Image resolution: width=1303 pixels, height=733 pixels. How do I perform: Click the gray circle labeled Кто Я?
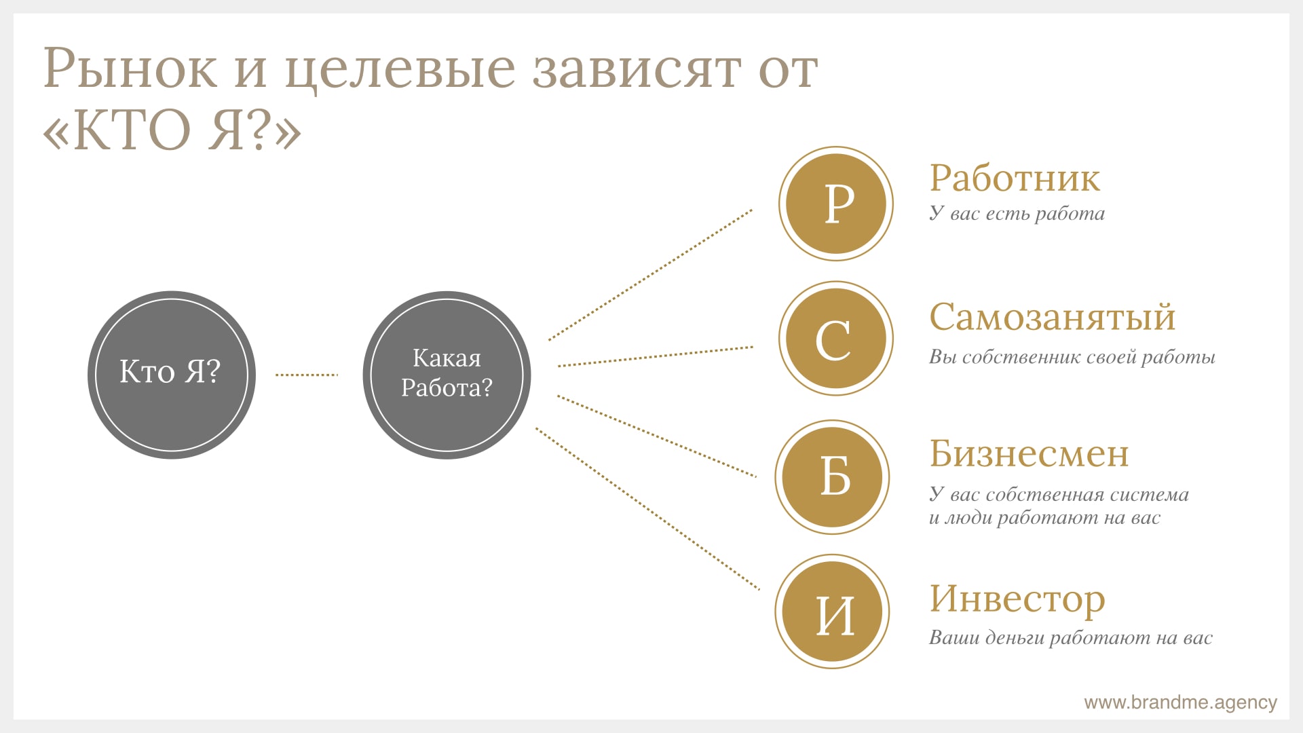[172, 375]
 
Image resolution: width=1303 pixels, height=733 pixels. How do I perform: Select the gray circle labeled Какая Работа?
[447, 375]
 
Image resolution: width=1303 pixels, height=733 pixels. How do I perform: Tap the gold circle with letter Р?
[836, 204]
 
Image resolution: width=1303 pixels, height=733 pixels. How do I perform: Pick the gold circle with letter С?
[836, 338]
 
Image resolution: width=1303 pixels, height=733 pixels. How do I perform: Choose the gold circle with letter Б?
[833, 477]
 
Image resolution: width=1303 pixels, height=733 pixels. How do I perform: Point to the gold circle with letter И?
[833, 612]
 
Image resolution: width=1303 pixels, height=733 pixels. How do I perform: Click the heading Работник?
[1015, 178]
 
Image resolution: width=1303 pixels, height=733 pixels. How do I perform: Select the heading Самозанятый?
[1052, 318]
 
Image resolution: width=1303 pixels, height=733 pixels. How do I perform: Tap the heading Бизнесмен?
[1029, 453]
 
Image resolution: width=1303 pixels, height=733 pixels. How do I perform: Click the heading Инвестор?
[1017, 600]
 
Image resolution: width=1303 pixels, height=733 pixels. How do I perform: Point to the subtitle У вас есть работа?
[1017, 214]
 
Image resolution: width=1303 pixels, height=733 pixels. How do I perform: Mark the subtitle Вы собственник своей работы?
[1072, 357]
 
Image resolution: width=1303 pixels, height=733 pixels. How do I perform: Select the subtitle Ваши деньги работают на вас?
[1071, 638]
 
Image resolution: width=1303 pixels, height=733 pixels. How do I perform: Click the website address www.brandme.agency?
[1180, 702]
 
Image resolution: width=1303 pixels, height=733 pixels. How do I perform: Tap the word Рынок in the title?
[130, 69]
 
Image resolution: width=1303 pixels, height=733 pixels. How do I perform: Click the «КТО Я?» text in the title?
[172, 130]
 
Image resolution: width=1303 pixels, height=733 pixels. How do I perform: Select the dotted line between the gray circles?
[307, 375]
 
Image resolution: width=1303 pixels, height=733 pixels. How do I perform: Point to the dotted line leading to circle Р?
[650, 275]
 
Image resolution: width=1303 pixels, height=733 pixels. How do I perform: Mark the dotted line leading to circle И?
[647, 508]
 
